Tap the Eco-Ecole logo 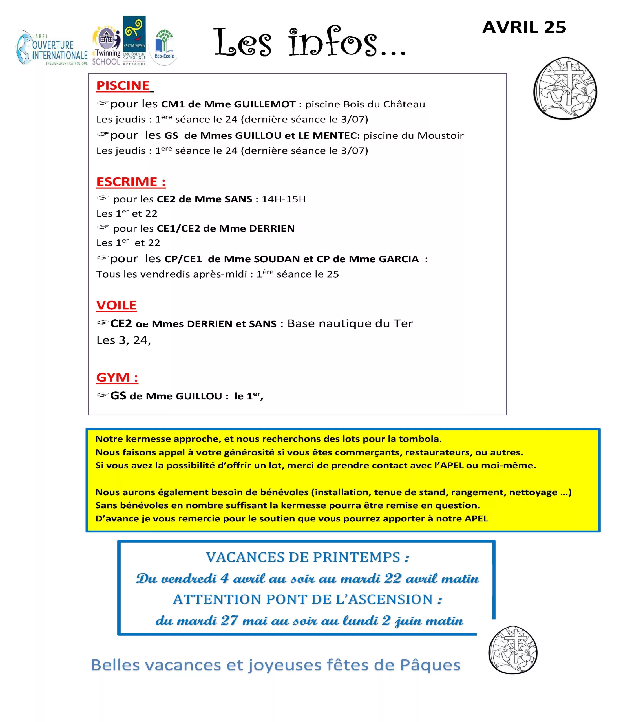click(164, 47)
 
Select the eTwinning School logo click(107, 47)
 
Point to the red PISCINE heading click(123, 85)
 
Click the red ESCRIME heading click(131, 182)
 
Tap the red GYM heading click(117, 377)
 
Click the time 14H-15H click(284, 199)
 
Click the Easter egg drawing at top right click(565, 89)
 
